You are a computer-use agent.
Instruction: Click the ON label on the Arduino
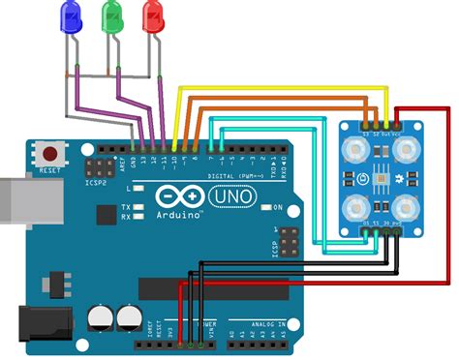(x=277, y=207)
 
